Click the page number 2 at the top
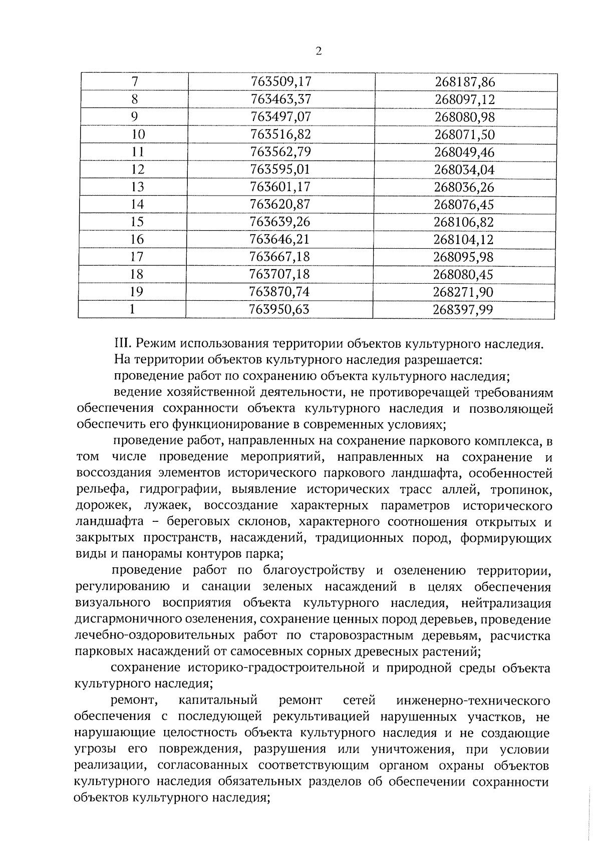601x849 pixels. (x=319, y=52)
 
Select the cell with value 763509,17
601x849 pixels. (x=280, y=82)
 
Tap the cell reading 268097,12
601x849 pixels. (x=464, y=100)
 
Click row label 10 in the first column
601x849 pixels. (x=138, y=135)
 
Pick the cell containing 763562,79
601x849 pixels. (x=280, y=152)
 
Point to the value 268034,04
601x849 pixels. (x=464, y=170)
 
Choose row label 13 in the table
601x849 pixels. (x=137, y=187)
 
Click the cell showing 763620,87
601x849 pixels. (x=280, y=205)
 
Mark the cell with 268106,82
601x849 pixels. (x=464, y=222)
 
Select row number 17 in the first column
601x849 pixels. (x=137, y=257)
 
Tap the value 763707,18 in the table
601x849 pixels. (x=279, y=275)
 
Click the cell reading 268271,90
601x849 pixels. (x=463, y=292)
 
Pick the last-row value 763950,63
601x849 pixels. (x=279, y=310)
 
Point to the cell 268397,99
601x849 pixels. (x=463, y=310)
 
